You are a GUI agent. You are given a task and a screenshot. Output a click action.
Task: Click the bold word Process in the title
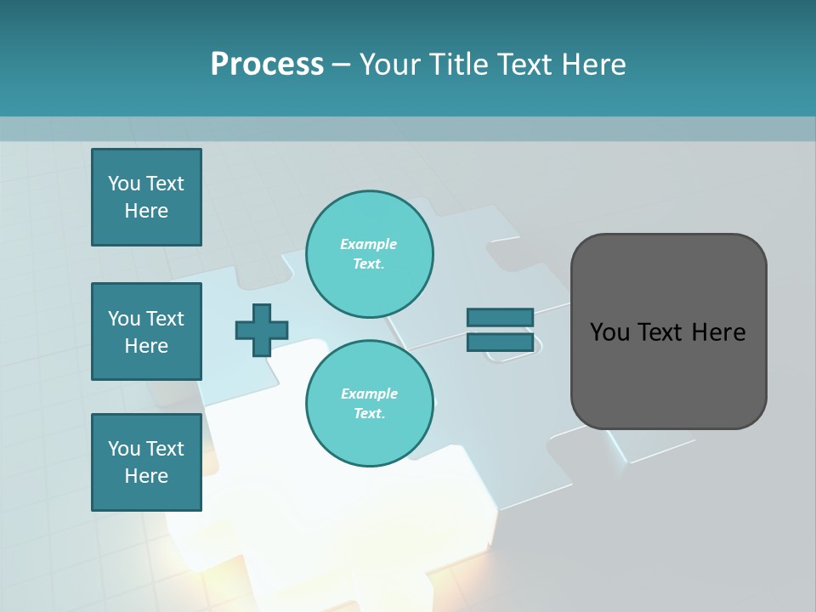267,65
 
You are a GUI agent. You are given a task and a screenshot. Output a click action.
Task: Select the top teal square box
146,197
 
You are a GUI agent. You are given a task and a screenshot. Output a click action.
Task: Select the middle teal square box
146,331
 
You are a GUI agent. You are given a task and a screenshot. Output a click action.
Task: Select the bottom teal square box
146,462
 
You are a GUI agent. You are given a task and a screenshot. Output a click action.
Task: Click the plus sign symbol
262,330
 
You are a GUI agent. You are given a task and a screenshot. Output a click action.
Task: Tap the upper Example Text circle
369,254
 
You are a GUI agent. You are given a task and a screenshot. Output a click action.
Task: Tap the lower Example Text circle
369,404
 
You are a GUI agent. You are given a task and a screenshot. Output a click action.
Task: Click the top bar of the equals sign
500,318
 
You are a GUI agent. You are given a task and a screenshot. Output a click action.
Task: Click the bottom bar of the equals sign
500,343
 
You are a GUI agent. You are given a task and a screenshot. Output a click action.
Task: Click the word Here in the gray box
718,332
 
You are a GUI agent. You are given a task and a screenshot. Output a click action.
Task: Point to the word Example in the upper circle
369,245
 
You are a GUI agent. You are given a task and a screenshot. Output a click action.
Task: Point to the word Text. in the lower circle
369,414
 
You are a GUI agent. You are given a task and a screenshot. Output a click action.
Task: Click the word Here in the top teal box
146,211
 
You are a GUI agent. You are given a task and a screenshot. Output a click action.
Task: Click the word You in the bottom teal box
124,449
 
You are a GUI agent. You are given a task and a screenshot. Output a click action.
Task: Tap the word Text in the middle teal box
165,319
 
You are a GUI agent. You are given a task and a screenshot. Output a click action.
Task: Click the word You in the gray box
609,332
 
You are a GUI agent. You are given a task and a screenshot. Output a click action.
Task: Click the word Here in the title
596,65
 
